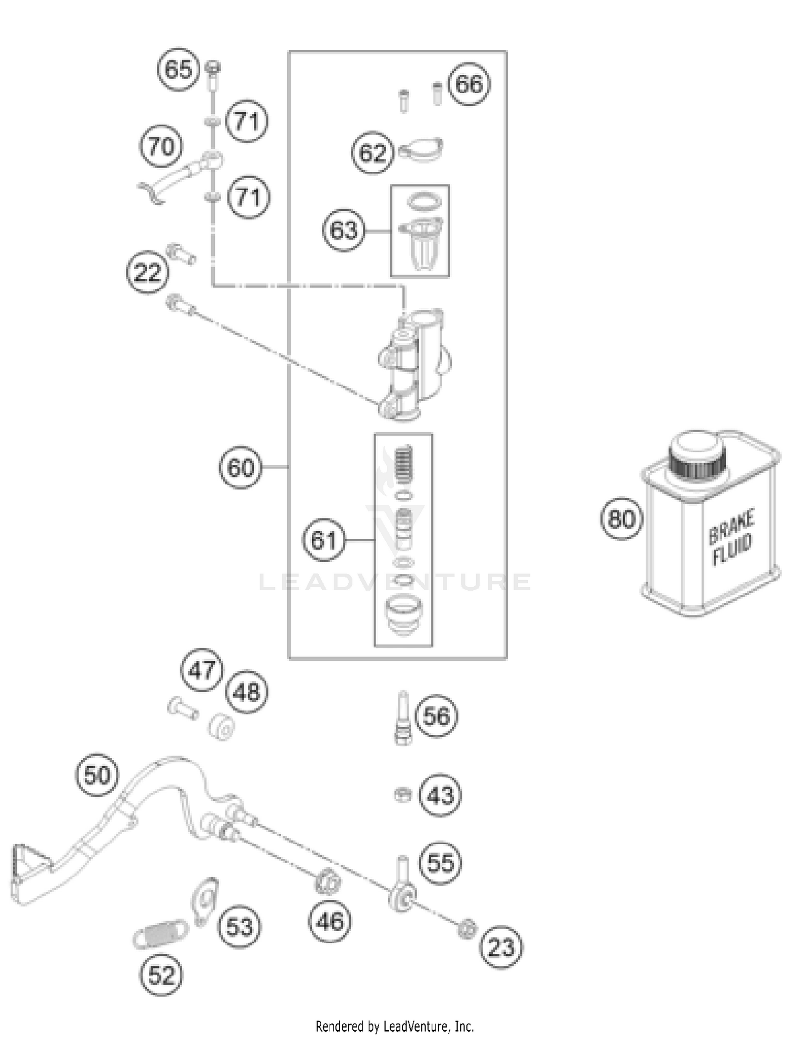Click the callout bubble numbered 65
[179, 69]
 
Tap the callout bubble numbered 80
[621, 518]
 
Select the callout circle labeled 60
[240, 467]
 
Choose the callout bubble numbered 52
[161, 975]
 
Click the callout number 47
[202, 670]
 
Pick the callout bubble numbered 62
[373, 153]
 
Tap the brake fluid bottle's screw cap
[697, 456]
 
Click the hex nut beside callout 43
[403, 794]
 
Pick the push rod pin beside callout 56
[403, 717]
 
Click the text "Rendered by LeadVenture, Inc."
[394, 1026]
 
